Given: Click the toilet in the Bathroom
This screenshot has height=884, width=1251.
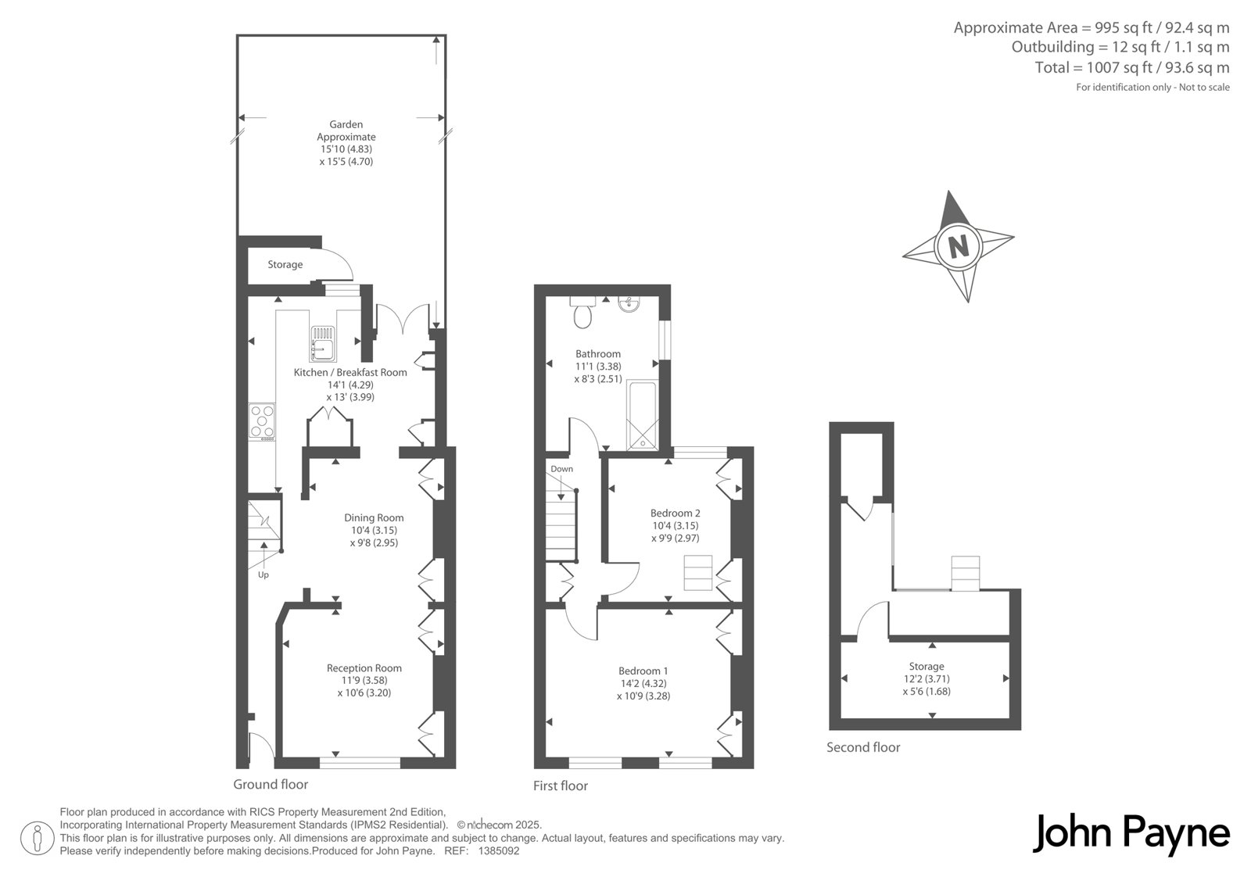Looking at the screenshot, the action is pyautogui.click(x=582, y=313).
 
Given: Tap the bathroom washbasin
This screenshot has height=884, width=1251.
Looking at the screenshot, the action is pyautogui.click(x=629, y=304).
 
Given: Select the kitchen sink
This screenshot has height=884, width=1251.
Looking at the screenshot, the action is pyautogui.click(x=323, y=343).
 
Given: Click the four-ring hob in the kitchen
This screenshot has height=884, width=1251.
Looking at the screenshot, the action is pyautogui.click(x=262, y=422).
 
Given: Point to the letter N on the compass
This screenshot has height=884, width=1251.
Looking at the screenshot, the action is pyautogui.click(x=959, y=245).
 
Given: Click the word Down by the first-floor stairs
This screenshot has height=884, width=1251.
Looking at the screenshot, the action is pyautogui.click(x=562, y=468).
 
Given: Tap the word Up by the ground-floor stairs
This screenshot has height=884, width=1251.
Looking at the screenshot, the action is pyautogui.click(x=263, y=574).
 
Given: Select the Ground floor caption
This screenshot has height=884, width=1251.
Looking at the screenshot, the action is pyautogui.click(x=271, y=784).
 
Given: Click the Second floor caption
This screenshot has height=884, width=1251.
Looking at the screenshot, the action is pyautogui.click(x=863, y=747).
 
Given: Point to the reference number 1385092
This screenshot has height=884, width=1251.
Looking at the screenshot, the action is pyautogui.click(x=499, y=851).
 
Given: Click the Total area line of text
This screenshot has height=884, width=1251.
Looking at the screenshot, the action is pyautogui.click(x=1132, y=67).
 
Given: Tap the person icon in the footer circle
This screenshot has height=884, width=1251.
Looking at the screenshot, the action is pyautogui.click(x=37, y=838).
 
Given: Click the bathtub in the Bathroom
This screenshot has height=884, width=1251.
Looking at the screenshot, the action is pyautogui.click(x=642, y=416).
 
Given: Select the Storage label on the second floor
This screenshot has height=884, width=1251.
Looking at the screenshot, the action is pyautogui.click(x=927, y=666).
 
